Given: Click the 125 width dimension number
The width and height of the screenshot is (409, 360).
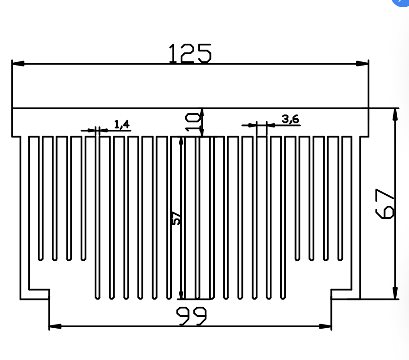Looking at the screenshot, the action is pos(190,53).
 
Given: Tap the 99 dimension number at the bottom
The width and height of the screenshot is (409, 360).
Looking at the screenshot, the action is pos(191,316).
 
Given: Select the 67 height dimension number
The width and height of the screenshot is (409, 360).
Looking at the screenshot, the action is pos(384,204).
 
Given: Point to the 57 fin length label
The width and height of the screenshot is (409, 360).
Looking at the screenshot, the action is pos(176,218).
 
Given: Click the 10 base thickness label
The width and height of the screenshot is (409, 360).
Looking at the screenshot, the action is pos(193,122).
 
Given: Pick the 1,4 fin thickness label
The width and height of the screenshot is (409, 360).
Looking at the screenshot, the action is pos(122,124).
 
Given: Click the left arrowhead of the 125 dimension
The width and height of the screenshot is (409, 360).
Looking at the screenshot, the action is pos(18,63).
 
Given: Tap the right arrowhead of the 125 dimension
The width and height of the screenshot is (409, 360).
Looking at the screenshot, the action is pos(363,63).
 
